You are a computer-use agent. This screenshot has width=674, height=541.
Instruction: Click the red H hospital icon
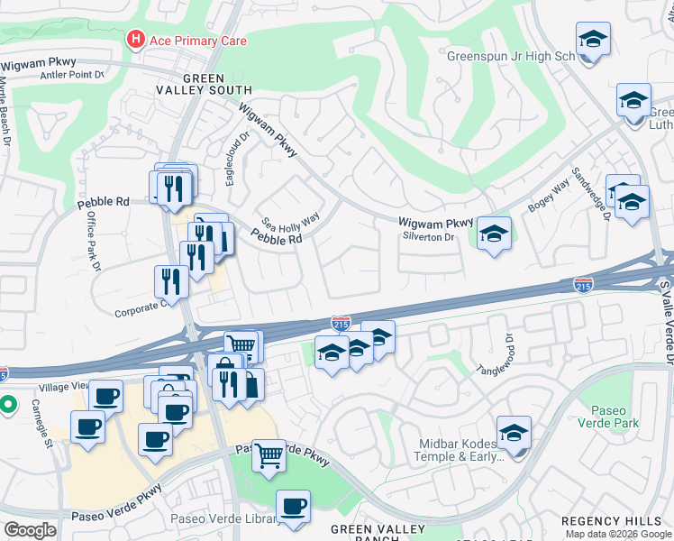pyautogui.click(x=136, y=40)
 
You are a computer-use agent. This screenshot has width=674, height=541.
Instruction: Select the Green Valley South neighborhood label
pyautogui.click(x=216, y=84)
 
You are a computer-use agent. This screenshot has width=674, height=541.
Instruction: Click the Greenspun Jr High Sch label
pyautogui.click(x=511, y=56)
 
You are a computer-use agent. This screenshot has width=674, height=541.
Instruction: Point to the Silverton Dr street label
pyautogui.click(x=430, y=237)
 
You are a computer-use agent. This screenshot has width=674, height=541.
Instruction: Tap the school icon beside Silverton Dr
pyautogui.click(x=494, y=234)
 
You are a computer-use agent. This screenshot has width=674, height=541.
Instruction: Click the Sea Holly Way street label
pyautogui.click(x=290, y=221)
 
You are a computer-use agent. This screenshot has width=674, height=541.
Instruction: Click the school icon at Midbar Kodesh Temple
pyautogui.click(x=514, y=434)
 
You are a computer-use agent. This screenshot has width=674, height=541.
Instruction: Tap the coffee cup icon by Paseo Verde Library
pyautogui.click(x=293, y=508)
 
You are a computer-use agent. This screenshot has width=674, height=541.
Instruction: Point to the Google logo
pyautogui.click(x=30, y=530)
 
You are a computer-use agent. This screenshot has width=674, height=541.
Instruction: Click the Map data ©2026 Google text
pyautogui.click(x=617, y=534)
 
